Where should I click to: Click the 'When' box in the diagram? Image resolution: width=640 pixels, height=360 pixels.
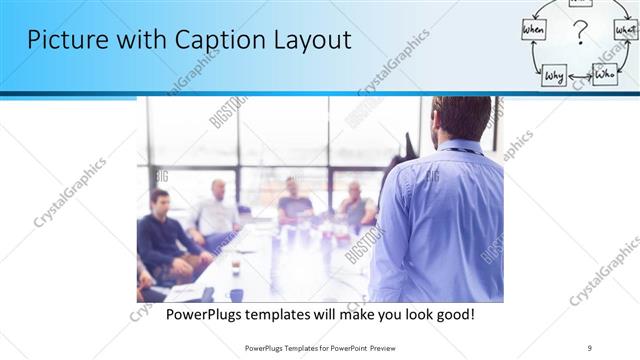coord(534,32)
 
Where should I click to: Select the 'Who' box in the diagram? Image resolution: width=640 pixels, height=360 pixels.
coord(604,74)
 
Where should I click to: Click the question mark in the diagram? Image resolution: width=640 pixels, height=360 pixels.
coord(579,37)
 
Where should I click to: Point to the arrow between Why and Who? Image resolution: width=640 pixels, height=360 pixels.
coord(580,75)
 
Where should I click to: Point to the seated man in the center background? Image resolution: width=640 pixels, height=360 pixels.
coord(294,199)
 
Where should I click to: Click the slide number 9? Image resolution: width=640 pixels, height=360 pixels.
coord(590,347)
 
